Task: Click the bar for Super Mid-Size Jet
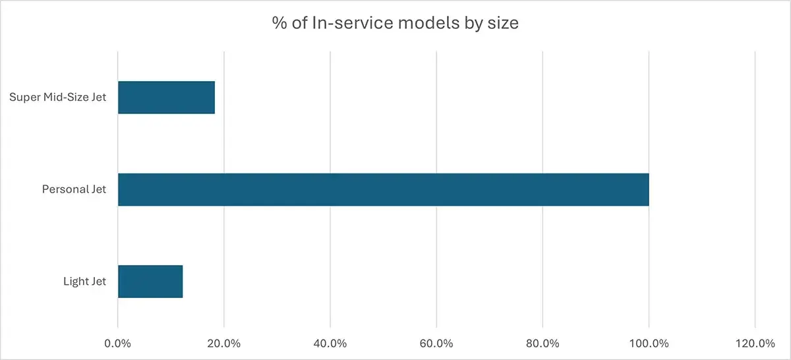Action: coord(166,98)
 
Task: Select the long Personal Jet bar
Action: coord(383,190)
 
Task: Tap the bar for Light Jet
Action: coord(150,282)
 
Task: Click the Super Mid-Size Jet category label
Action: coord(58,98)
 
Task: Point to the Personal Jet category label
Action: coord(74,190)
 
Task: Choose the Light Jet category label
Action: coord(84,282)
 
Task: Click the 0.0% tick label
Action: coord(118,344)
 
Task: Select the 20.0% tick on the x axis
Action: coord(224,344)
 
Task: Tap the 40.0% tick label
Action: coord(330,344)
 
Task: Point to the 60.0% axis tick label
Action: coord(436,344)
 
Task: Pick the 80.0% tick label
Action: coord(542,344)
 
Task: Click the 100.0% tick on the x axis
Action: coord(649,344)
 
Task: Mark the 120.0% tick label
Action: coord(755,344)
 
